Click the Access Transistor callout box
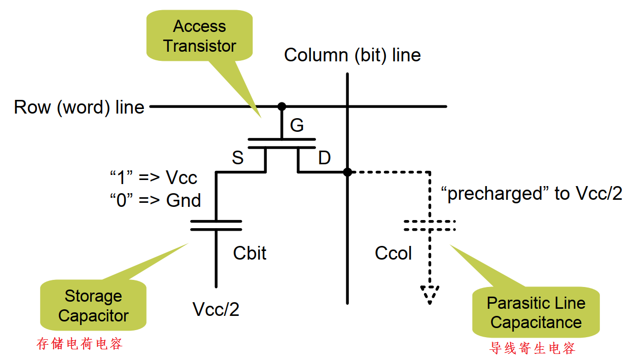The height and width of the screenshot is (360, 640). [199, 36]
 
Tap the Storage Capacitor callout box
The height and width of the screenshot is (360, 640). [93, 306]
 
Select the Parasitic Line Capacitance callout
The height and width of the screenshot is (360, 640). [536, 313]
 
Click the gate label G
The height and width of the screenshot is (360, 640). [297, 125]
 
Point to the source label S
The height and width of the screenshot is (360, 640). [237, 158]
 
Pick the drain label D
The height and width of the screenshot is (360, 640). [324, 158]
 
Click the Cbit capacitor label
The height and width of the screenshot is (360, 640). [250, 253]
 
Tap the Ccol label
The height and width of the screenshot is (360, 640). [393, 253]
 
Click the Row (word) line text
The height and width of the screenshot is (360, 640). [79, 107]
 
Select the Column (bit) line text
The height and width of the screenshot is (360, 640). [352, 55]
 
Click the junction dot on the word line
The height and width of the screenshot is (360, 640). [281, 106]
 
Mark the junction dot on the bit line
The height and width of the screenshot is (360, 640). [347, 172]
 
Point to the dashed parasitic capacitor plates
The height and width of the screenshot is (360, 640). [429, 226]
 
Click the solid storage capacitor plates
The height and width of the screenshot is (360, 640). [216, 226]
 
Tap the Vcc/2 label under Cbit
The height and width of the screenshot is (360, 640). [216, 309]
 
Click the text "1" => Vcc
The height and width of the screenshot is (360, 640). [153, 178]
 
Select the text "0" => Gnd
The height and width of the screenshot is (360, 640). [155, 200]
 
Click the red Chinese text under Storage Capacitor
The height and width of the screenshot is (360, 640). [80, 344]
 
